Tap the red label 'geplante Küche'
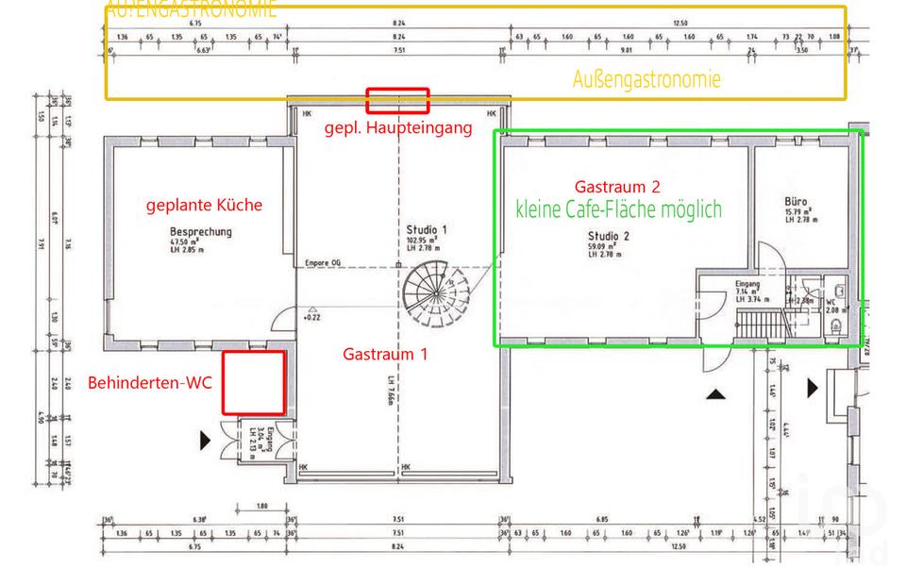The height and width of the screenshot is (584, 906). pos(204,205)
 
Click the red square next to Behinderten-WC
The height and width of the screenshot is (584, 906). pos(254,382)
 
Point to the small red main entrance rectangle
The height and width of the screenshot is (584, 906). pos(397,100)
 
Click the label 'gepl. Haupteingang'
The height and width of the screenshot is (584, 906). pos(397,127)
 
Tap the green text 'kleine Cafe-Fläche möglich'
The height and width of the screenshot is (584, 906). pos(618,209)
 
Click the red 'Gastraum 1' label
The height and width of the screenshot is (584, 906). pos(385,355)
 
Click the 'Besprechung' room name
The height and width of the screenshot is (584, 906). pos(200,232)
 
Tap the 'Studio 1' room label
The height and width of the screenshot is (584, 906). pos(427,229)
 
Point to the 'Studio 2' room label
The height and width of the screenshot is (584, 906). pos(609,236)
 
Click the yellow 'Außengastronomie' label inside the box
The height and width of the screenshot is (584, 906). pos(646,79)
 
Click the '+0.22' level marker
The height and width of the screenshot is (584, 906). pos(312,317)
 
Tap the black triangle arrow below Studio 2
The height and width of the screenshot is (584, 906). pos(716,394)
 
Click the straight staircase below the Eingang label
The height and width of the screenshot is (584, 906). pos(761,325)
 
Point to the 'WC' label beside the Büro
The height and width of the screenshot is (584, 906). pos(831,303)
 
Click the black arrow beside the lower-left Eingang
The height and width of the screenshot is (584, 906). pos(206,440)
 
